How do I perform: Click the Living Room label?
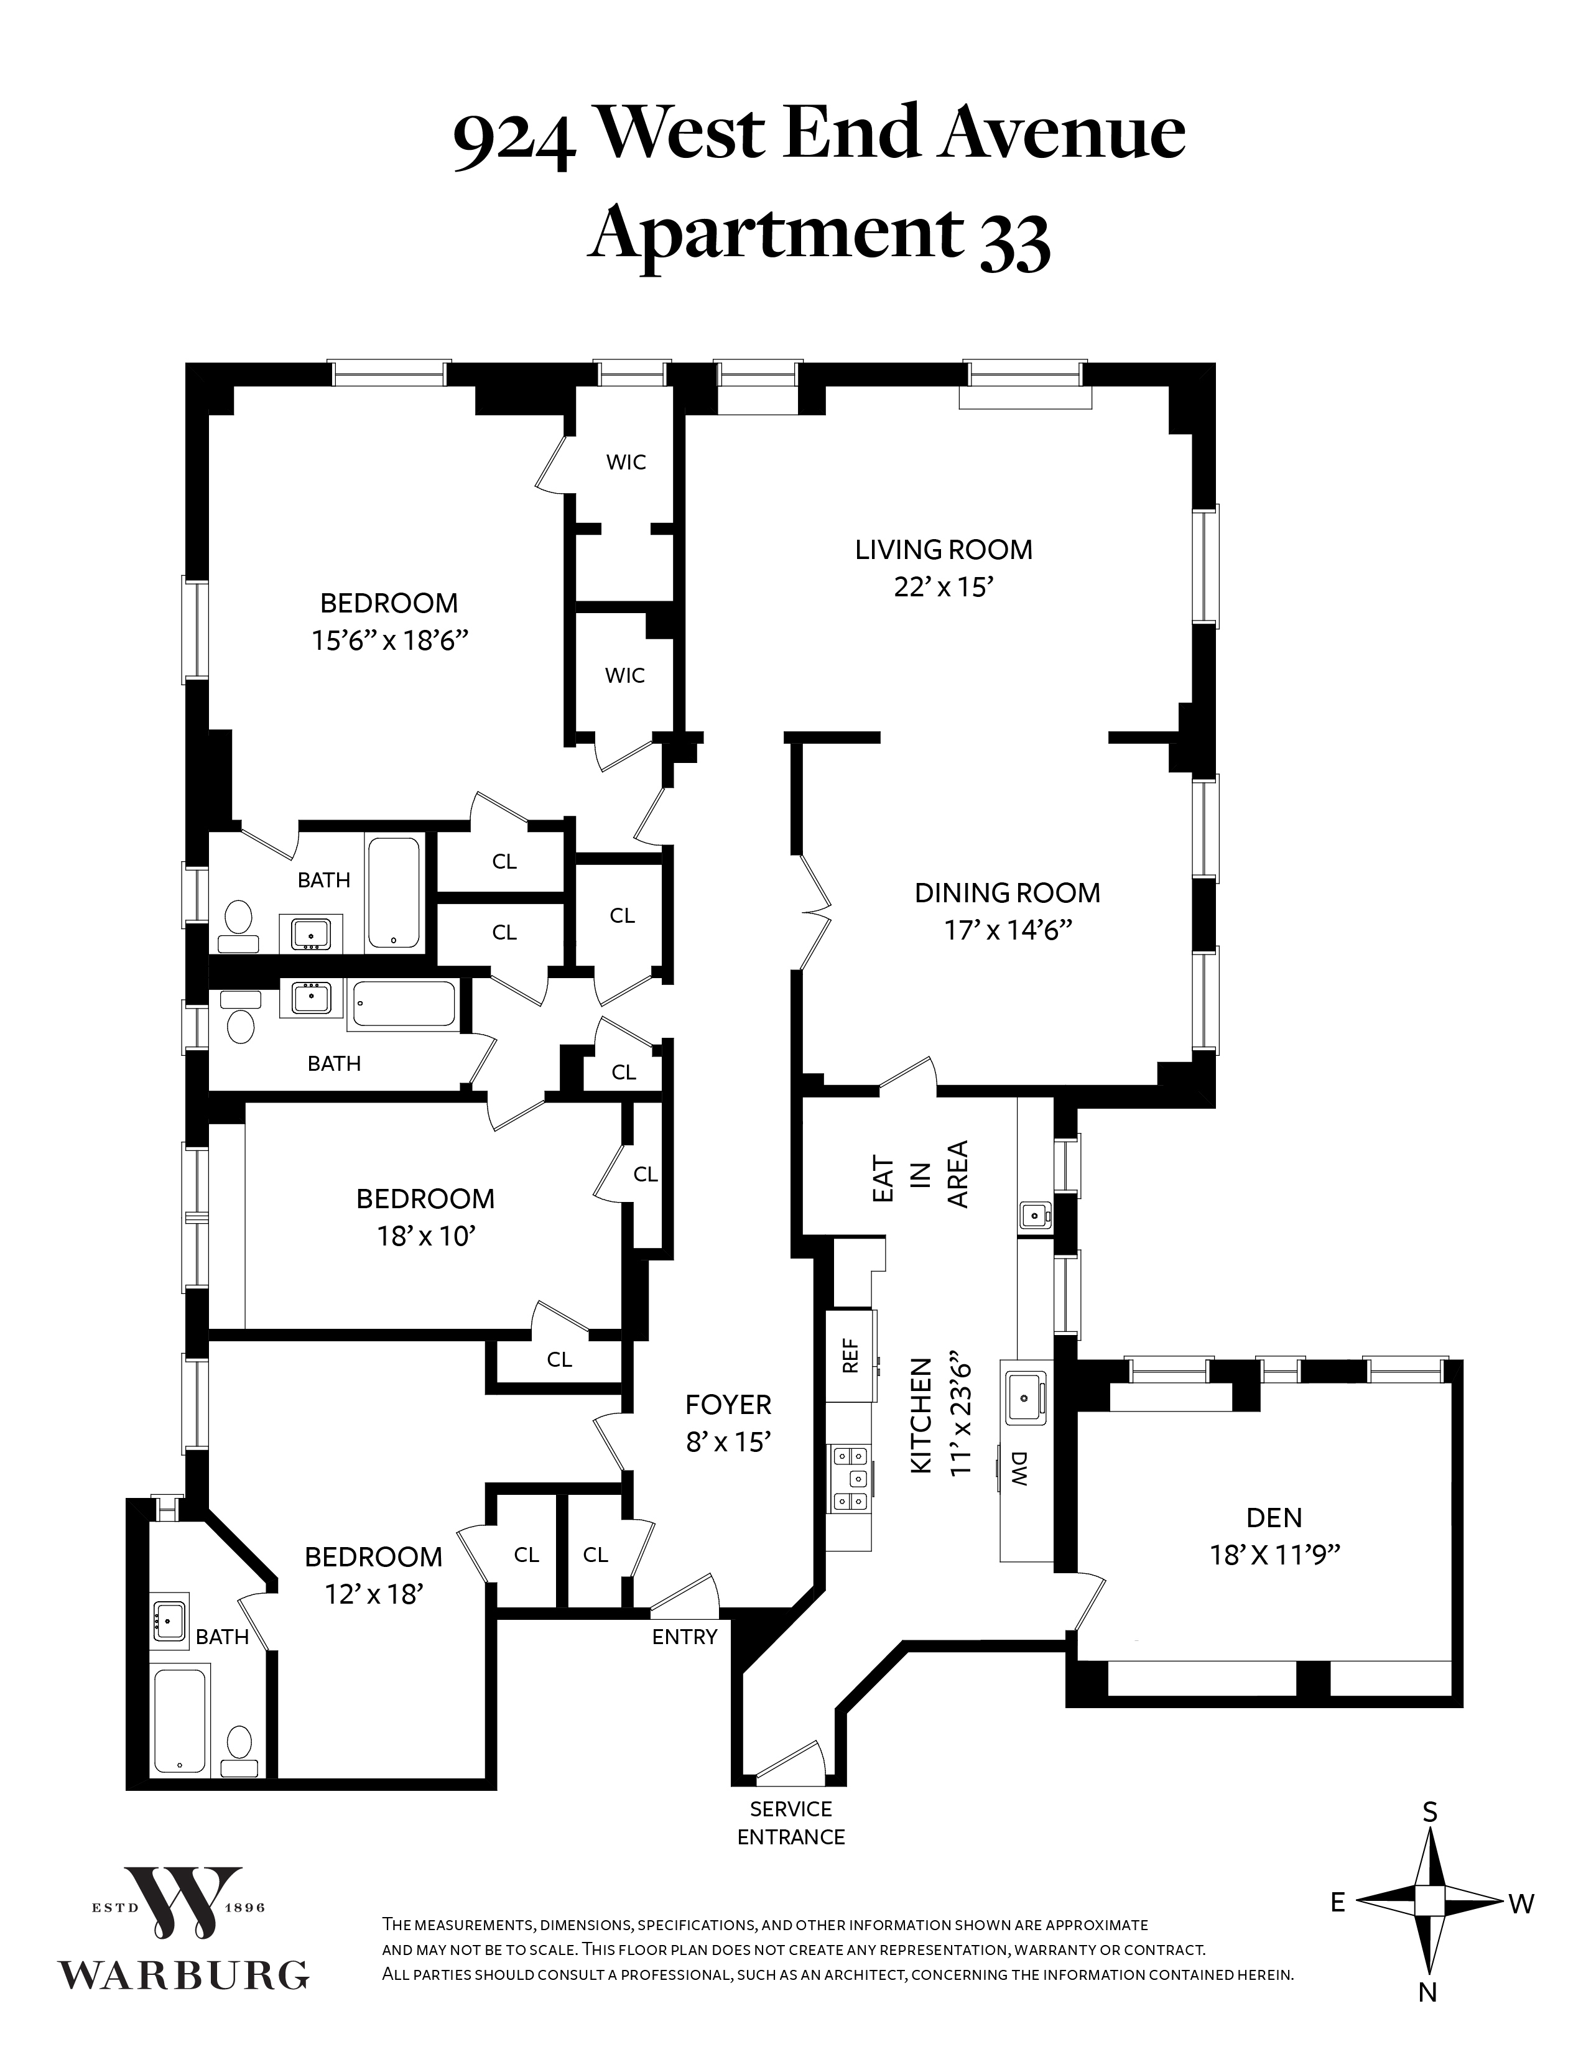(944, 550)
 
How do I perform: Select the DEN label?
(1274, 1517)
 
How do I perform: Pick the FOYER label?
(728, 1405)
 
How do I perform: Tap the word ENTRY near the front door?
(685, 1637)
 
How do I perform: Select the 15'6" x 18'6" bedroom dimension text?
(390, 640)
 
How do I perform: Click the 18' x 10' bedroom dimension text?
(425, 1236)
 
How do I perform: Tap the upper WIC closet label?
(626, 462)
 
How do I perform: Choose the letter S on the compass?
(1429, 1813)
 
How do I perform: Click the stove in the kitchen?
(850, 1479)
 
